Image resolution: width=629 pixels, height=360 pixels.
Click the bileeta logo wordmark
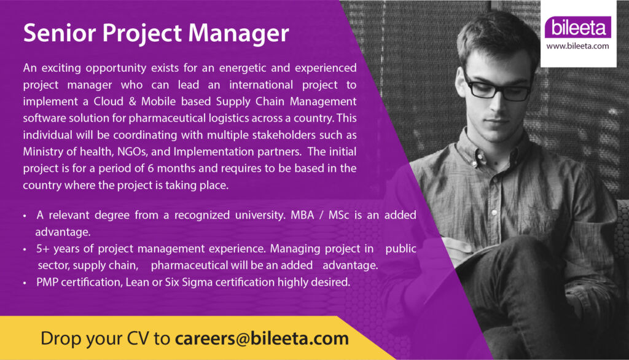(x=578, y=27)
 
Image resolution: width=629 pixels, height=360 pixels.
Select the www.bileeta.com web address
(x=577, y=46)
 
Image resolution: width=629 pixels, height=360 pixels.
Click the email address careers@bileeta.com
(x=262, y=338)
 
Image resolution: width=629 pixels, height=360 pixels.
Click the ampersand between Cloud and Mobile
(x=133, y=101)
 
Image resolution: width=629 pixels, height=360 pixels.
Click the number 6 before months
(x=150, y=168)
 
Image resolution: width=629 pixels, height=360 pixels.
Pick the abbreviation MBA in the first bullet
(x=302, y=215)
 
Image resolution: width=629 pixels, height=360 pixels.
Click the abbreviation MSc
(x=339, y=215)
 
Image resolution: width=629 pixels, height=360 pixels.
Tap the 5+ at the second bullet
(x=43, y=249)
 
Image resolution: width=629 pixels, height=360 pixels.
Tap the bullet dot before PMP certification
(x=25, y=283)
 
